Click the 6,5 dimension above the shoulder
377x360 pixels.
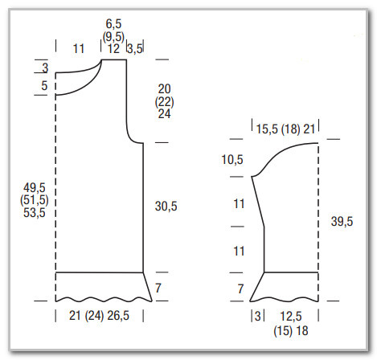tap(113, 24)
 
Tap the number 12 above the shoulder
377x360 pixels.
tap(113, 49)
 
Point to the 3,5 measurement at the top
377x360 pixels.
tap(135, 49)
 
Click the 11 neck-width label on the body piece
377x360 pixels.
tap(79, 49)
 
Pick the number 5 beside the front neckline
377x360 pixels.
tap(44, 86)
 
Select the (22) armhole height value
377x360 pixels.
tap(164, 102)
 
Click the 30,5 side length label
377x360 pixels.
tap(166, 207)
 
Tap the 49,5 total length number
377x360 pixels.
tap(35, 188)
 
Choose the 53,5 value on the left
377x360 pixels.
tap(35, 213)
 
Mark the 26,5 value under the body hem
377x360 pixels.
tap(118, 316)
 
